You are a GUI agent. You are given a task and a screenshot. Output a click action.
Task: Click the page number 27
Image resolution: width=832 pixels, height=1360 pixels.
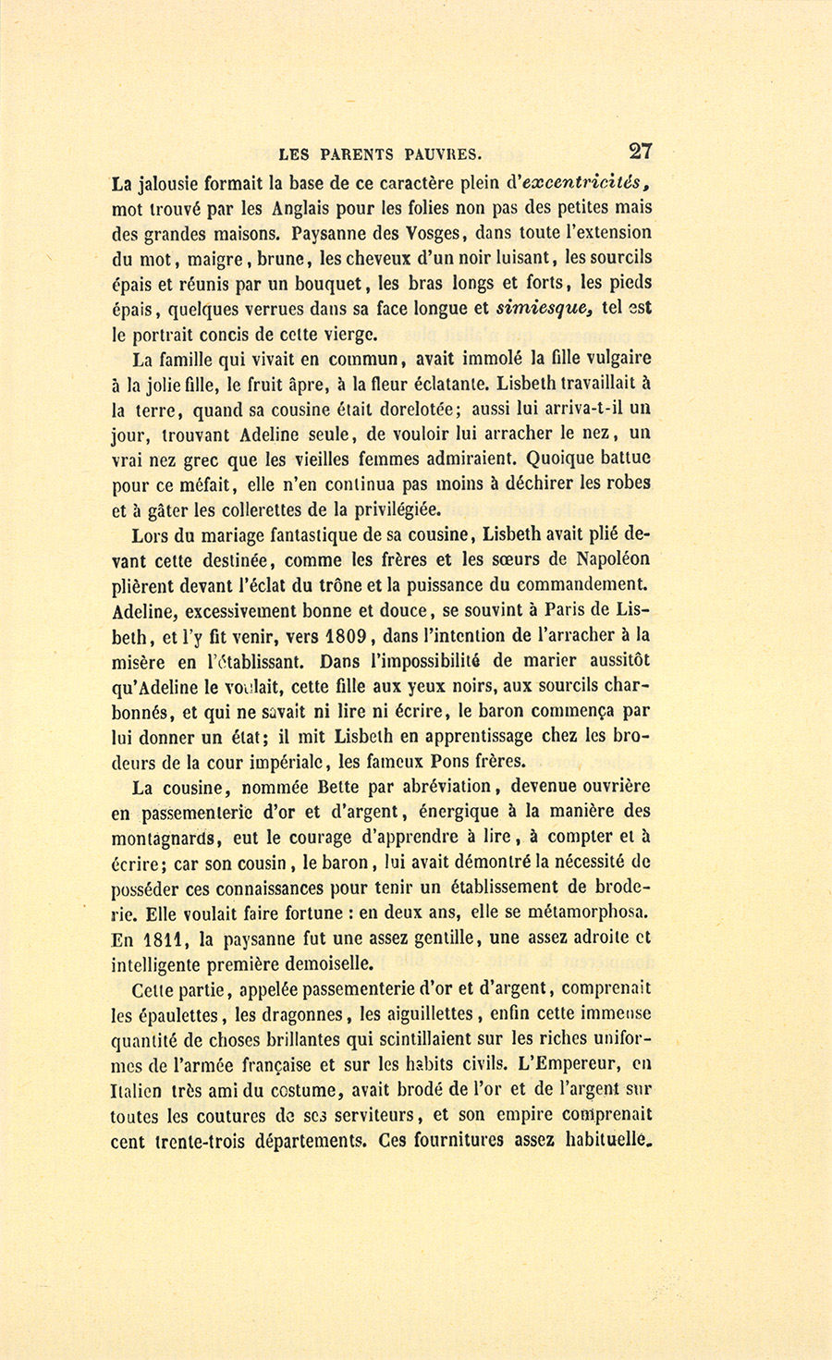(x=641, y=151)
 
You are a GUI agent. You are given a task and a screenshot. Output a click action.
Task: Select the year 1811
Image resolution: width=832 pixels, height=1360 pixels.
(x=166, y=940)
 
